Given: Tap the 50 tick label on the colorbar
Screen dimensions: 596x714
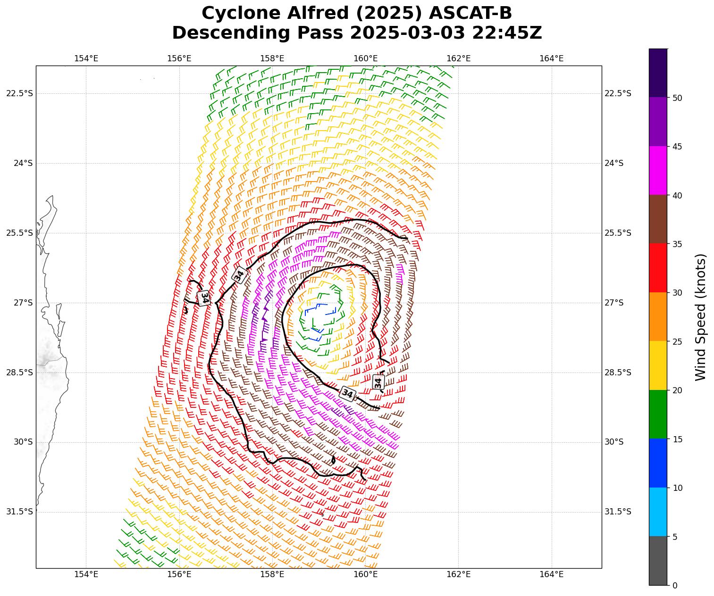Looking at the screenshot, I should (677, 98).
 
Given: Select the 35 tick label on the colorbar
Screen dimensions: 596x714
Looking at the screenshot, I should (677, 244).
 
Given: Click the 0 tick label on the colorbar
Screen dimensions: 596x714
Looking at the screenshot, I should (675, 585).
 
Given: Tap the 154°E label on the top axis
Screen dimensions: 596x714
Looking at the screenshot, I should (86, 58).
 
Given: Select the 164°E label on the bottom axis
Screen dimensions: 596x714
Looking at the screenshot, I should (551, 574).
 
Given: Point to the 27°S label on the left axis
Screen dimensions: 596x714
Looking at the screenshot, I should (23, 303).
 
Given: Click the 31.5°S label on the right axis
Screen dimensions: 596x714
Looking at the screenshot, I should (618, 512).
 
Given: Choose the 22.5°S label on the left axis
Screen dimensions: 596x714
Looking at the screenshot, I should (19, 93).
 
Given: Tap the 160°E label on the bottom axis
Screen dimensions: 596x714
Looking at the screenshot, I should (365, 574).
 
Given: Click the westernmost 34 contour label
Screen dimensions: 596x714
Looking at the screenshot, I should (204, 298).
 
